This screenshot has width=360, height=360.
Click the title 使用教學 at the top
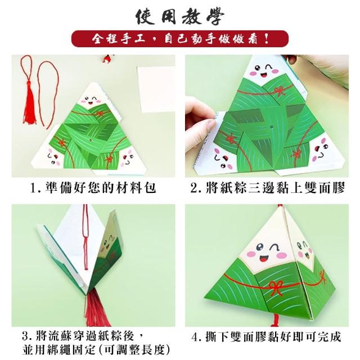click(180, 17)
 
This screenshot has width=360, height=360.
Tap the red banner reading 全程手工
click(180, 39)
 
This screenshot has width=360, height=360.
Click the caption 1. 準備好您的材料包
click(93, 188)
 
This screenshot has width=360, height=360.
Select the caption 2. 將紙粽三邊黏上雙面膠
click(268, 188)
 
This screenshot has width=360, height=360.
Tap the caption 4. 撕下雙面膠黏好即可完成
click(266, 337)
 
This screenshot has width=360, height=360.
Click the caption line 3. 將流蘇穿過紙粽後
click(83, 336)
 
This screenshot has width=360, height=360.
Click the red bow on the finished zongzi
click(275, 287)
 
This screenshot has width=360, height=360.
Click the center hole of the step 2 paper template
click(271, 126)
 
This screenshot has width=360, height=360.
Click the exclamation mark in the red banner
click(267, 39)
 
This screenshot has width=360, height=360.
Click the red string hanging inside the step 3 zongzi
click(86, 236)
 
